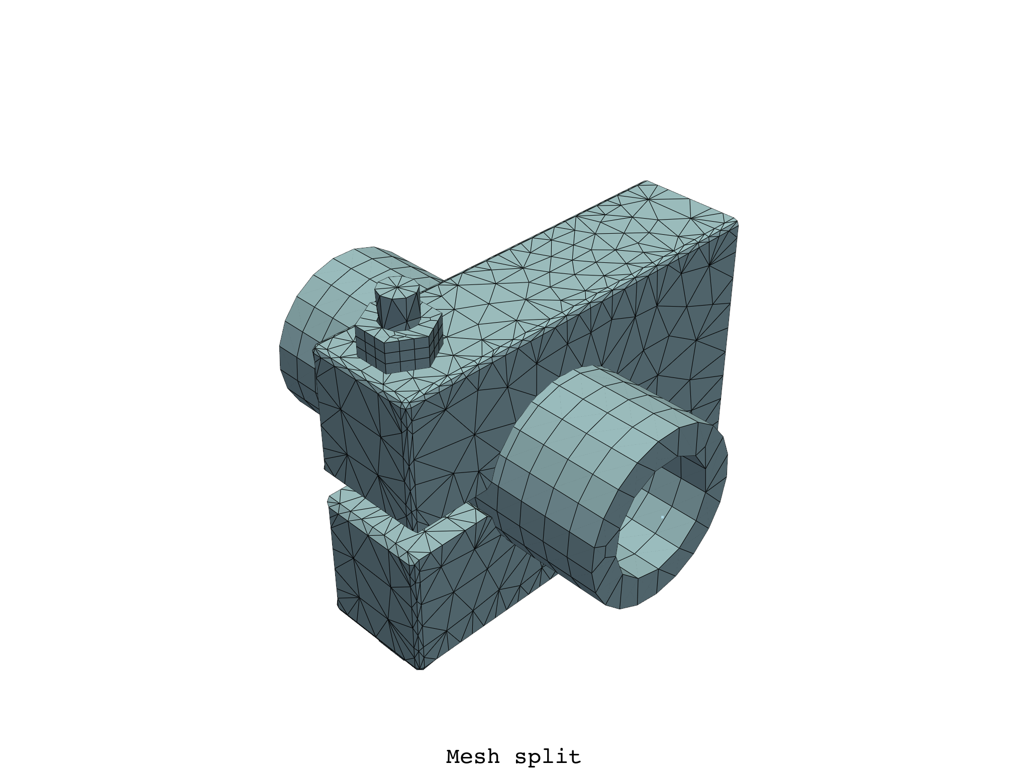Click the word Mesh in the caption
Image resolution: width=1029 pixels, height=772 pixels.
[x=472, y=756]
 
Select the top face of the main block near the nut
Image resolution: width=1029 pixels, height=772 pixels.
[x=502, y=312]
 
